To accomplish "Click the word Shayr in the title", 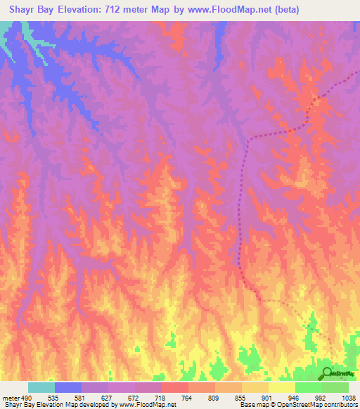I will tap(25, 10).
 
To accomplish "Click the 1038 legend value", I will tap(348, 397).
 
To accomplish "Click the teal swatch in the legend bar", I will tap(41, 387).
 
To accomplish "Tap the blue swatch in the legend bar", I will tap(68, 387).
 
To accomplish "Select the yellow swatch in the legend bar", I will tap(282, 387).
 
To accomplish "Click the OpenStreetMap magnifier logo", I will tap(327, 373).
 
